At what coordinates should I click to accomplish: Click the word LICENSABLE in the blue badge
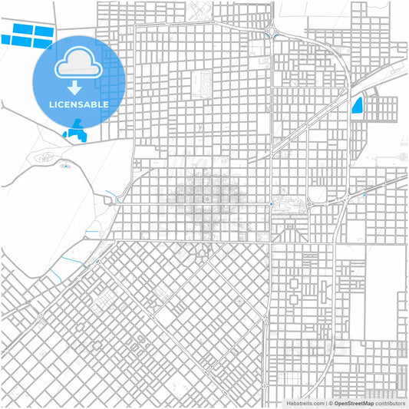79,104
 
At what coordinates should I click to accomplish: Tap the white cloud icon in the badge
79,62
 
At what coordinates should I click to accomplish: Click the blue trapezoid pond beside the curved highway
356,106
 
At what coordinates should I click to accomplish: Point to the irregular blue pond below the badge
78,132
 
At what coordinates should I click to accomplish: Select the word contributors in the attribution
390,402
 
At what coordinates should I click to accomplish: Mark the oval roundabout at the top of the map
273,32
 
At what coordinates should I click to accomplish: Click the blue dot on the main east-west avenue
272,203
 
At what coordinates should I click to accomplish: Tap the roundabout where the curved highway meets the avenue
308,203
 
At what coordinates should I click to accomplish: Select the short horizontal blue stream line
92,232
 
